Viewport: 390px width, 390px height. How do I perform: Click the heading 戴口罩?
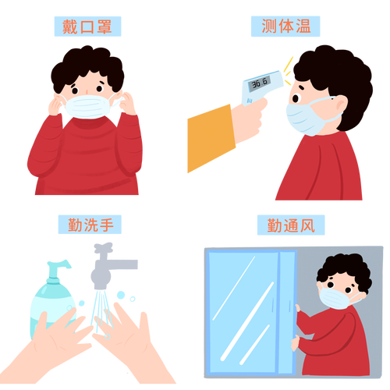[87, 27]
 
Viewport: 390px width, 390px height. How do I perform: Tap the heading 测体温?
[285, 26]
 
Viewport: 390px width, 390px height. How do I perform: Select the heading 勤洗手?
[90, 225]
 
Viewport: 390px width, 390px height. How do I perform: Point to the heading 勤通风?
[291, 225]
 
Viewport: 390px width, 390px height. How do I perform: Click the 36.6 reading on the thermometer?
[260, 83]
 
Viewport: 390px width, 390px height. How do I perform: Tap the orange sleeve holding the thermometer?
[211, 139]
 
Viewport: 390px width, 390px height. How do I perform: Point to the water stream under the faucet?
[101, 310]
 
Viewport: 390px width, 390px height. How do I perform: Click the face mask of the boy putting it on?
[87, 107]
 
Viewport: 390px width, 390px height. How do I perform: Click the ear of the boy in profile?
[342, 104]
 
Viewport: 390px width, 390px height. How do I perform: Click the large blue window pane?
[243, 312]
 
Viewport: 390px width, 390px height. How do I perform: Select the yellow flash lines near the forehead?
[288, 71]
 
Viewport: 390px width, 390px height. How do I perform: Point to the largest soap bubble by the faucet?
[121, 295]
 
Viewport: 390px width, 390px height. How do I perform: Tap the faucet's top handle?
[103, 247]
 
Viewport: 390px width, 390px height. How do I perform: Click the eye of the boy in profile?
[296, 98]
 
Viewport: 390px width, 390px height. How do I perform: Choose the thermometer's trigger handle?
[250, 99]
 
